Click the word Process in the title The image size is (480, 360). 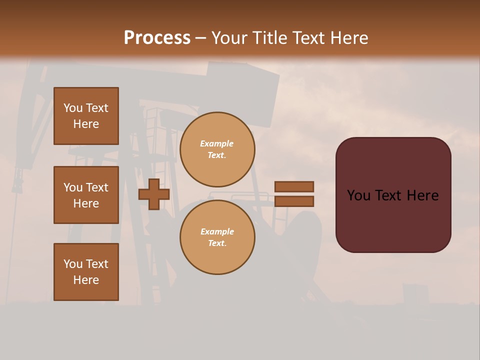[x=157, y=38]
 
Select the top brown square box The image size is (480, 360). [x=86, y=116]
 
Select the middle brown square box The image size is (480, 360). [x=86, y=195]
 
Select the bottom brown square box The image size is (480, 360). [x=86, y=272]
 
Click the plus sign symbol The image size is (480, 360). [x=154, y=194]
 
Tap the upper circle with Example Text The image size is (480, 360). [x=217, y=149]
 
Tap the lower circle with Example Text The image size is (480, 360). [x=217, y=237]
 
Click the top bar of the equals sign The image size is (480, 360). [x=294, y=186]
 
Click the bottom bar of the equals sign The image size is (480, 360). [x=294, y=201]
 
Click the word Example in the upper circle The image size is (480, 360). [x=216, y=143]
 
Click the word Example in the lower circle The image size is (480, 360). [x=217, y=231]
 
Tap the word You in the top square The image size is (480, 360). [x=73, y=108]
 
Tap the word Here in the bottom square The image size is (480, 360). [x=86, y=280]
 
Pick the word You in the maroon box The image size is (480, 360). [x=358, y=195]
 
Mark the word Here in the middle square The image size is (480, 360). [x=86, y=203]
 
